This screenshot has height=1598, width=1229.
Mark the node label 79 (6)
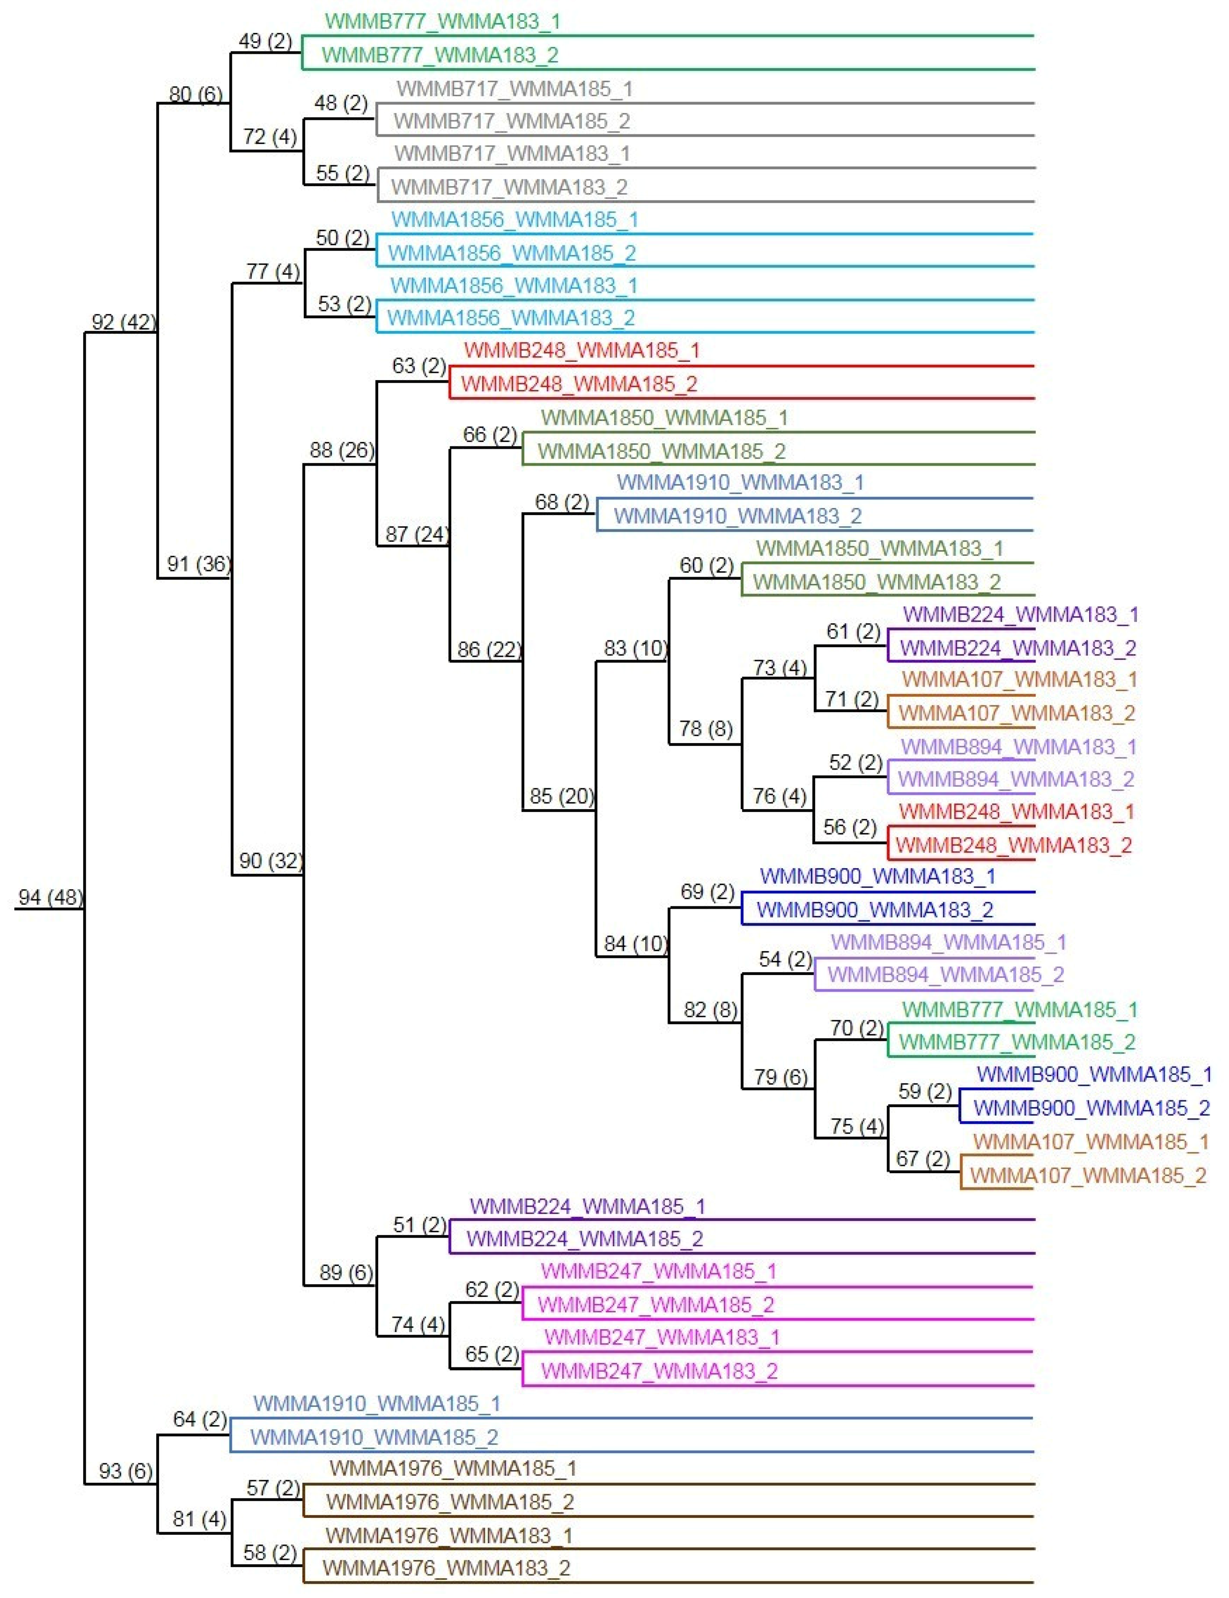click(x=780, y=1077)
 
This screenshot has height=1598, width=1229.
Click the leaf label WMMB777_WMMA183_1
click(x=443, y=21)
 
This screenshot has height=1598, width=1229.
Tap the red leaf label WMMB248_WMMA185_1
click(x=582, y=350)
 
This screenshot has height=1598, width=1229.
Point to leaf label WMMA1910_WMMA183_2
click(x=738, y=516)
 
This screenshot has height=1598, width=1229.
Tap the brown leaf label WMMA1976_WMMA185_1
click(x=453, y=1468)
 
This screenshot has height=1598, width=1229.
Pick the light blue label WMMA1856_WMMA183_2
click(x=511, y=318)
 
